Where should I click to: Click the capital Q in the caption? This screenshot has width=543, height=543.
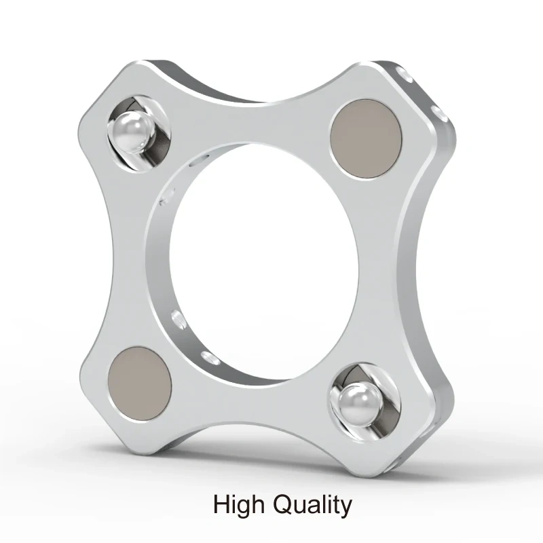[x=284, y=505]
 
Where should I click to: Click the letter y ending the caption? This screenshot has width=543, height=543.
[x=346, y=508]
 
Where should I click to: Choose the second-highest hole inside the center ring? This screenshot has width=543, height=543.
[x=165, y=201]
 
